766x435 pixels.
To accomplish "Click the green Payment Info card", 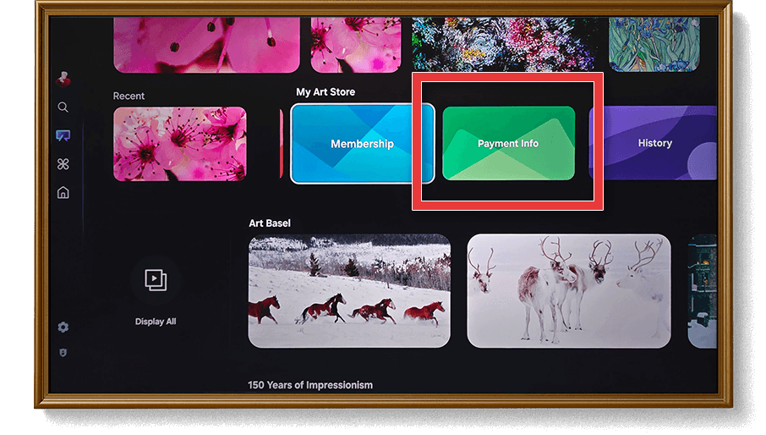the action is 508,143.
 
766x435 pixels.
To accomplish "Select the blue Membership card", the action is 362,144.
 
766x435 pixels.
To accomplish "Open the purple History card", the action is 654,143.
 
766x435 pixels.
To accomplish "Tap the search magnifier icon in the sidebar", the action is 63,107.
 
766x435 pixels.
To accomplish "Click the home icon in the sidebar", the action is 63,193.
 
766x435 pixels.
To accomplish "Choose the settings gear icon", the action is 63,327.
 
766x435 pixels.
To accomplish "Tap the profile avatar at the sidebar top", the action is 63,79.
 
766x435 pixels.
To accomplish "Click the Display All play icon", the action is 156,280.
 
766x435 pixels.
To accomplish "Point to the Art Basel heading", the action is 270,223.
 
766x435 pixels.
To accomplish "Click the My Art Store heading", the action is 326,92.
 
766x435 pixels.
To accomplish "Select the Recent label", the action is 129,96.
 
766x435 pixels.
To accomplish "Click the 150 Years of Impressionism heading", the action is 310,385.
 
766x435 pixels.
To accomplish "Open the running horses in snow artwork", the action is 349,291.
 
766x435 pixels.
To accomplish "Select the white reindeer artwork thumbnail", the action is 569,291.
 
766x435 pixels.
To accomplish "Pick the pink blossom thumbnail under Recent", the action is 180,144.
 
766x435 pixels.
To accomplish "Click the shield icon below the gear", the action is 63,352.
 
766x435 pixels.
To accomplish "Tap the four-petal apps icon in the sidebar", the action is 63,164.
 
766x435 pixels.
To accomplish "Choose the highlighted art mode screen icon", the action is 63,135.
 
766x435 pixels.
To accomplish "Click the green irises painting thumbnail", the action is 654,45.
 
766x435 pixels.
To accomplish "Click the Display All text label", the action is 156,322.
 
